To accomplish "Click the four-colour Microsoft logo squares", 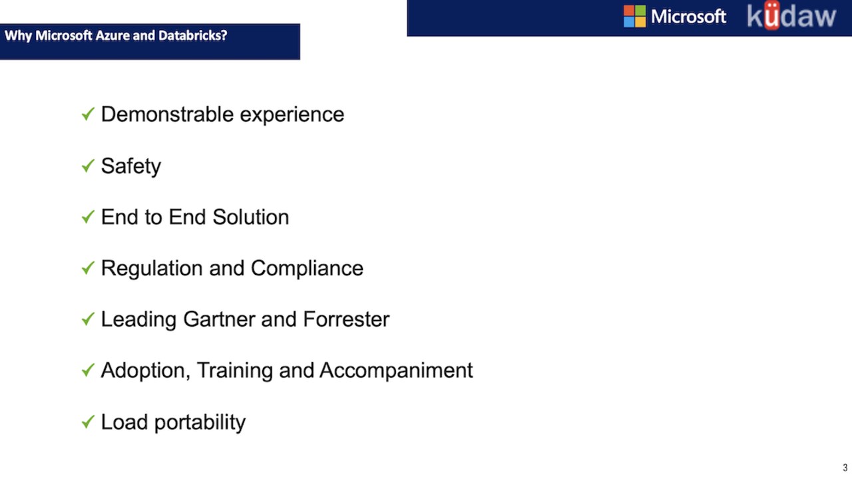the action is pyautogui.click(x=634, y=17).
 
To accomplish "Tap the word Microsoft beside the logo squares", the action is pyautogui.click(x=688, y=17).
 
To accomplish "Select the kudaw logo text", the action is pyautogui.click(x=791, y=15).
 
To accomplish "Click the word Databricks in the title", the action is pyautogui.click(x=192, y=35).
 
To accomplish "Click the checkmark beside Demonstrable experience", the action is pyautogui.click(x=88, y=114).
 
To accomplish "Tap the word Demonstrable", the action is pyautogui.click(x=167, y=114).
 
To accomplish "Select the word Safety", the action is pyautogui.click(x=131, y=167).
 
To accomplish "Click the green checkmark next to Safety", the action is pyautogui.click(x=88, y=166).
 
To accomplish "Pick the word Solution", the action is pyautogui.click(x=251, y=217).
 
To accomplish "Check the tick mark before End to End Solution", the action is pyautogui.click(x=88, y=217).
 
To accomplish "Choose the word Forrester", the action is pyautogui.click(x=346, y=319).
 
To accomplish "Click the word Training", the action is pyautogui.click(x=235, y=371).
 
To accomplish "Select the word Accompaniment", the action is pyautogui.click(x=396, y=371).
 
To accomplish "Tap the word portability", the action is pyautogui.click(x=200, y=423).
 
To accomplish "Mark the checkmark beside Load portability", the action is pyautogui.click(x=88, y=422).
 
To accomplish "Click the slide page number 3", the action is pyautogui.click(x=845, y=468).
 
